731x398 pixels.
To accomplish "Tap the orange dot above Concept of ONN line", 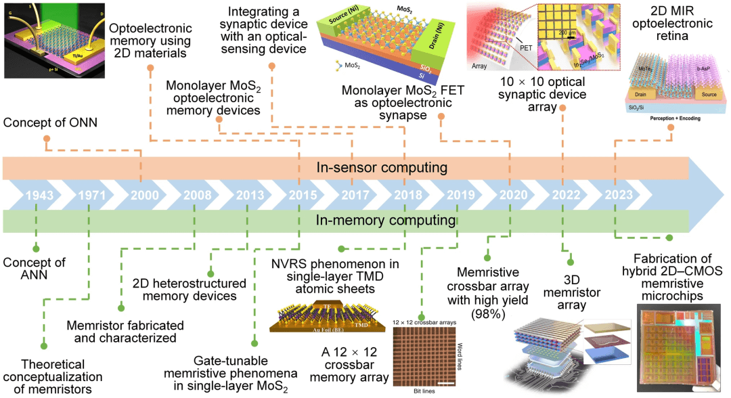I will coord(46,138).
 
